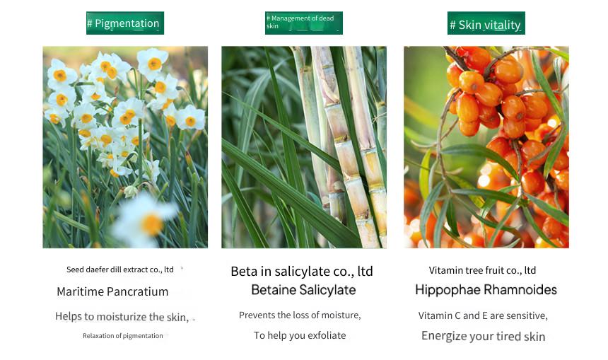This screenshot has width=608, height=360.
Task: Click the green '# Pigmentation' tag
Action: (125, 23)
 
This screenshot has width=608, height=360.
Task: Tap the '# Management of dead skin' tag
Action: (303, 23)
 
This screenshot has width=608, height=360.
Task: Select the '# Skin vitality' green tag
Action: (486, 23)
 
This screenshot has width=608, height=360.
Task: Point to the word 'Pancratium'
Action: (137, 291)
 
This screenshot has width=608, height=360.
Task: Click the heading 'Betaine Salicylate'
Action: (303, 290)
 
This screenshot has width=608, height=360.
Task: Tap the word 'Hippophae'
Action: (448, 290)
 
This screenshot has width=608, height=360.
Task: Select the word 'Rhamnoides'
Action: (520, 289)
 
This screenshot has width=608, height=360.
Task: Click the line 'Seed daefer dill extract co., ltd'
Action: (119, 269)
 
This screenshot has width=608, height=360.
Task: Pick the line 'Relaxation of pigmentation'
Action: (122, 335)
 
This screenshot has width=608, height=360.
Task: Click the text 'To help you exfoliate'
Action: (300, 335)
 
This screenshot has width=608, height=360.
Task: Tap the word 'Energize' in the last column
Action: (443, 336)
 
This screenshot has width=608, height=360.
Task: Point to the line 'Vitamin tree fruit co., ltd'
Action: (482, 270)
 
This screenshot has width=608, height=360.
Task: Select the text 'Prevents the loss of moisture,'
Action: (300, 315)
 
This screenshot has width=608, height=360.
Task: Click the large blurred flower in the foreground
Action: (146, 219)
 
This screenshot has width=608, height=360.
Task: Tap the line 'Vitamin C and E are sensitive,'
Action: (483, 315)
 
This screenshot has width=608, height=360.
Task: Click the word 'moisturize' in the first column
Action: (122, 317)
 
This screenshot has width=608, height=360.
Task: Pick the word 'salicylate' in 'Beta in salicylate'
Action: (298, 271)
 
